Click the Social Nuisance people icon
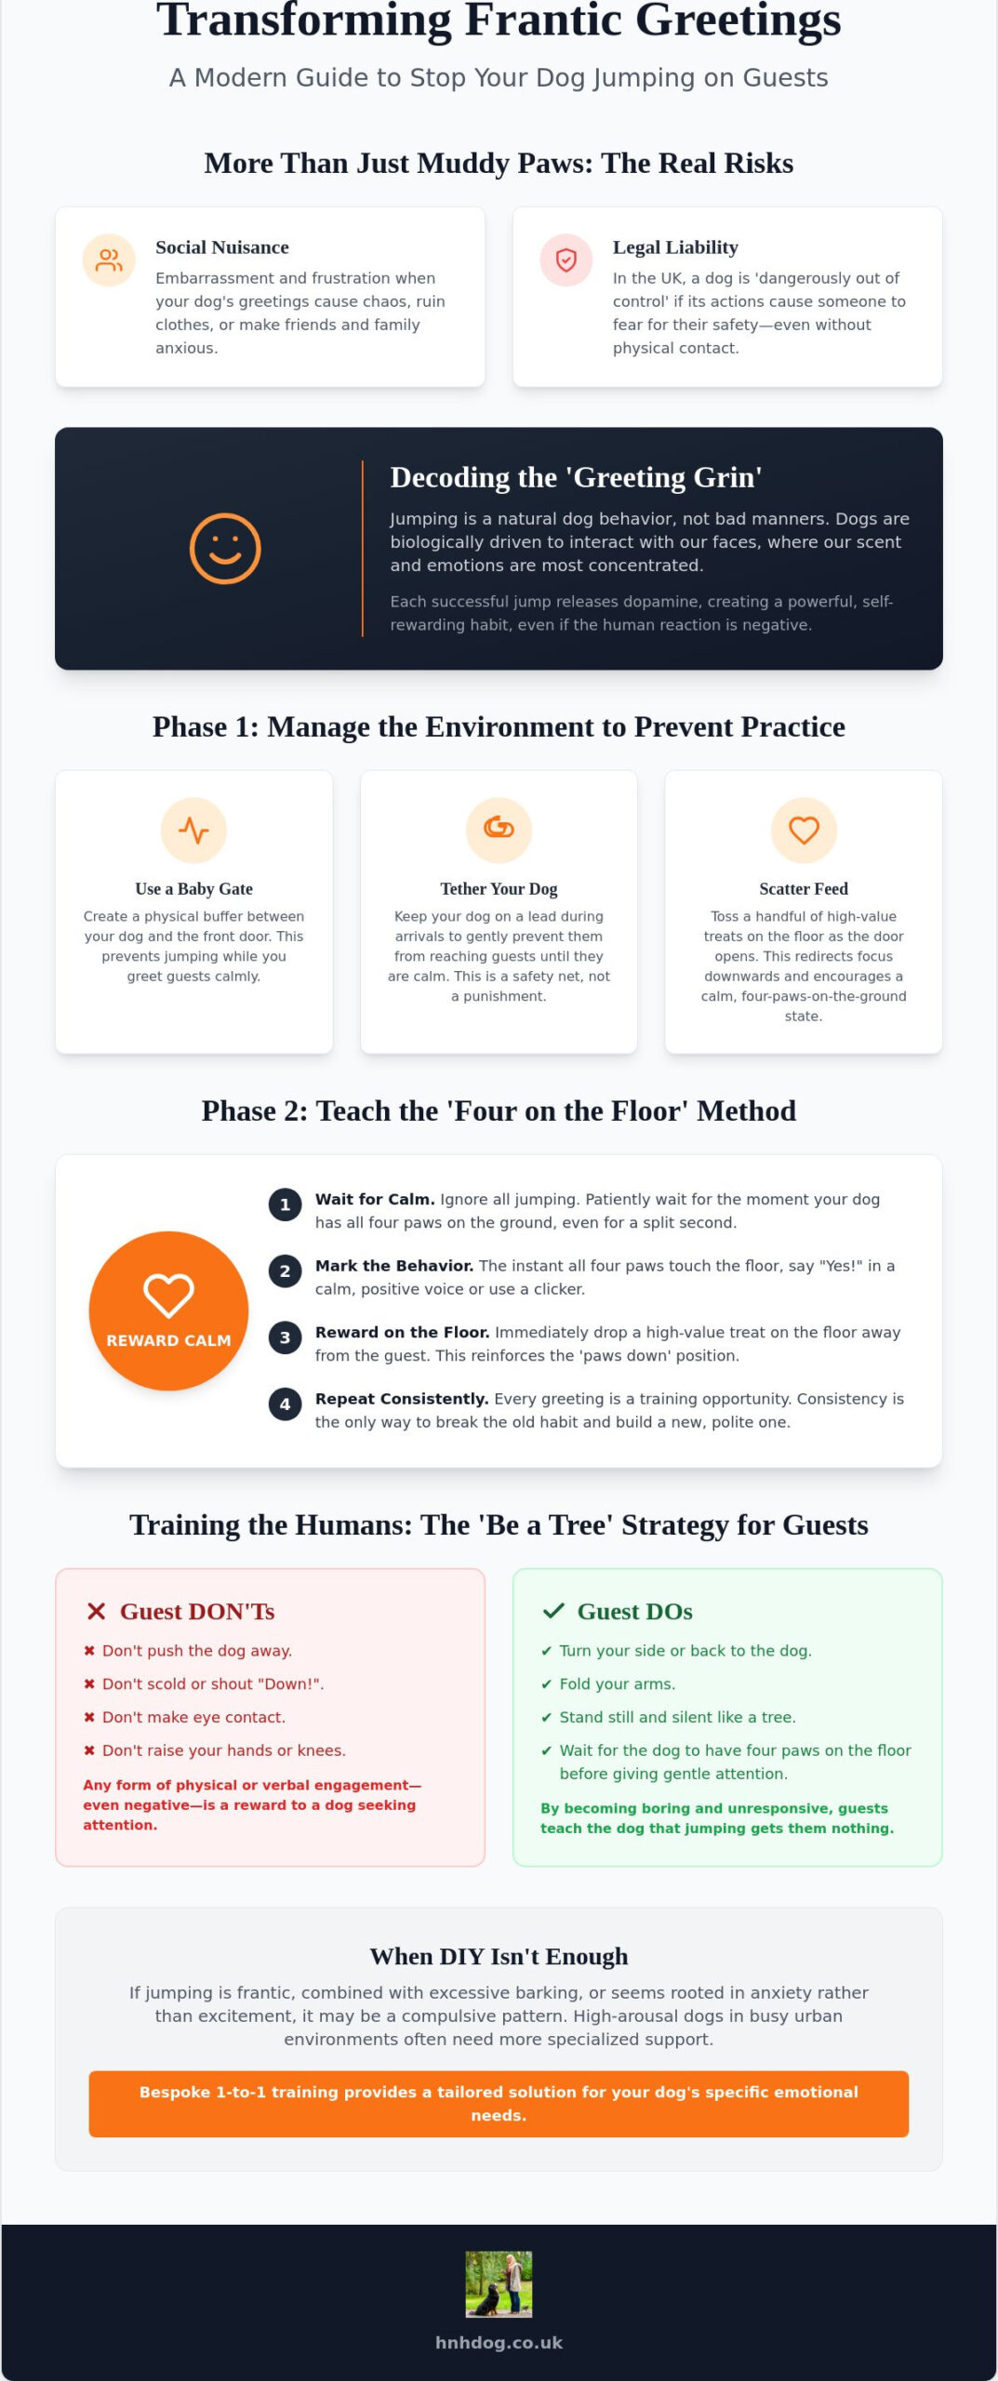click(109, 260)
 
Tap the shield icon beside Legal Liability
click(566, 260)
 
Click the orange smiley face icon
click(225, 549)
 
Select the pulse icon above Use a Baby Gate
click(193, 830)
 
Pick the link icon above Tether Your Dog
click(499, 827)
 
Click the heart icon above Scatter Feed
click(804, 830)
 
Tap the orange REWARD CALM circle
click(168, 1311)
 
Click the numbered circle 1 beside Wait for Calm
click(285, 1204)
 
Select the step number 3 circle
click(285, 1337)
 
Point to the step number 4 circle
click(285, 1404)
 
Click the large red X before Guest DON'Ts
click(96, 1612)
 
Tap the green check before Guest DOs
click(553, 1611)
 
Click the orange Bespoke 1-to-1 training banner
click(499, 2104)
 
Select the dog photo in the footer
click(499, 2283)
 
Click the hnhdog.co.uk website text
click(499, 2343)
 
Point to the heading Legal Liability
click(675, 247)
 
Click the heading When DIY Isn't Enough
click(499, 1956)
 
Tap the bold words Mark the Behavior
click(394, 1266)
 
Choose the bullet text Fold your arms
click(617, 1683)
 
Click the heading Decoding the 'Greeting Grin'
click(576, 477)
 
